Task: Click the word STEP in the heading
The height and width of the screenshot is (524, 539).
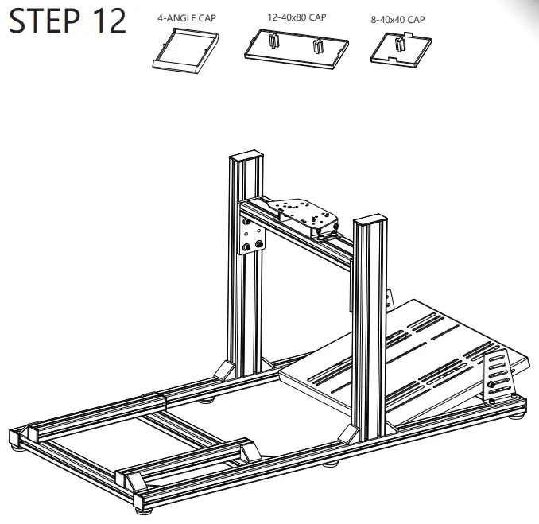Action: point(45,21)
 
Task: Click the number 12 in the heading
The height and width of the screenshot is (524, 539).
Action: point(110,21)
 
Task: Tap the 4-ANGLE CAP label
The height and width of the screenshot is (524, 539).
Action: point(187,17)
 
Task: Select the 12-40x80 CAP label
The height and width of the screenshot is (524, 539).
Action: point(297,17)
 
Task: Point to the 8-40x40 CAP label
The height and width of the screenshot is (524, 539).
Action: point(397,20)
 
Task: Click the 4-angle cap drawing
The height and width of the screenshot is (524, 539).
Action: point(185,51)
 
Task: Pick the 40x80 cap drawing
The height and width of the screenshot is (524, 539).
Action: point(297,49)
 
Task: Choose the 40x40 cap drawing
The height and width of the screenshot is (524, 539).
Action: point(401,49)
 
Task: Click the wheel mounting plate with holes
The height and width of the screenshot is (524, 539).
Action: point(304,214)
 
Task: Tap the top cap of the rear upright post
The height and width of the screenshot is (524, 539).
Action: point(246,156)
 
